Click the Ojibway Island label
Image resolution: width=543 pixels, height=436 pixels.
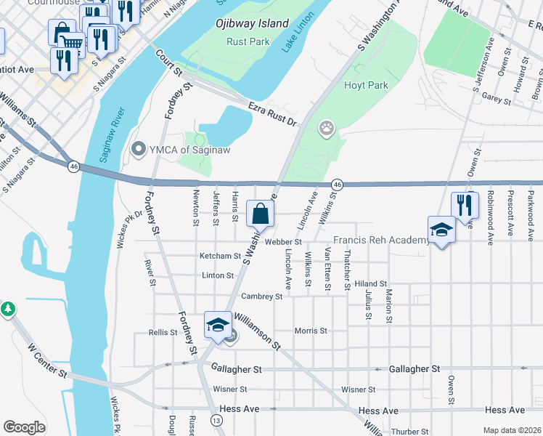252,23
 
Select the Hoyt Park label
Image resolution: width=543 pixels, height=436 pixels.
367,85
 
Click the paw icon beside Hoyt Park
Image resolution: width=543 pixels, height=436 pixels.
327,129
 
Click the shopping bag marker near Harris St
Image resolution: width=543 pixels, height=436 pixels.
261,214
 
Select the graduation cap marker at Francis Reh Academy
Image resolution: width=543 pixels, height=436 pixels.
441,230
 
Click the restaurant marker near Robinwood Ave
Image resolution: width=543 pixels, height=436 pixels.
464,205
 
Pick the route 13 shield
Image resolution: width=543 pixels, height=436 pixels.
216,421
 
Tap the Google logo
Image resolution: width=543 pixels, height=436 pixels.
25,427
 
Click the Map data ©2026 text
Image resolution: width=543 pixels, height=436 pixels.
511,430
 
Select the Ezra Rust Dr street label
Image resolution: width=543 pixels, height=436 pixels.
273,114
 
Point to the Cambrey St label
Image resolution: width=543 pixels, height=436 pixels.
261,296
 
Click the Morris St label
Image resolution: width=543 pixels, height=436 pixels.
311,331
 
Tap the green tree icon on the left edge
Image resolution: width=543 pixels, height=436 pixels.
7,309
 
